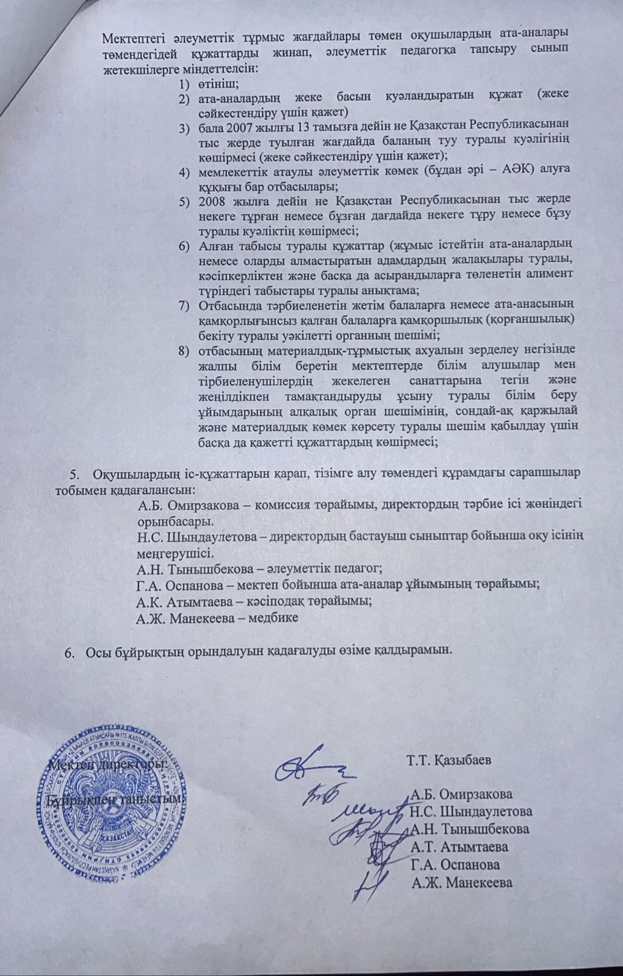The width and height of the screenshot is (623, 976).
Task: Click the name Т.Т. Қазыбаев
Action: pos(448,761)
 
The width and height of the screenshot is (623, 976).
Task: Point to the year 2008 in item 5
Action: pos(213,201)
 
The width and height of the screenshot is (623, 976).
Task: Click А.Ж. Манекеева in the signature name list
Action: pos(462,882)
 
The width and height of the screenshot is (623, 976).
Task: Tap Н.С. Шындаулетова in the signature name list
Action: pos(471,811)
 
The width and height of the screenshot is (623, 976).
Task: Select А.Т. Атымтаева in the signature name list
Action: pos(459,847)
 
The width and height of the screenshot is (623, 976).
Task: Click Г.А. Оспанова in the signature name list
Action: pos(455,864)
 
